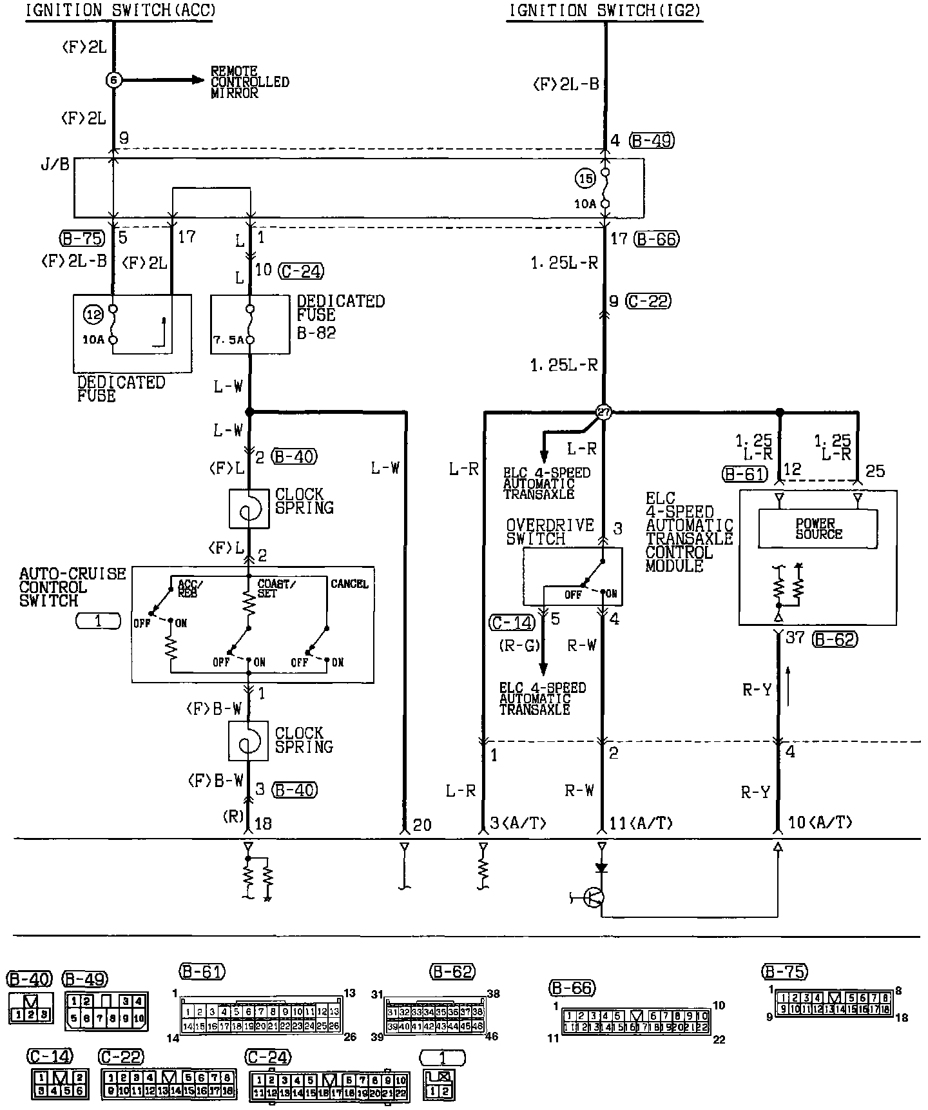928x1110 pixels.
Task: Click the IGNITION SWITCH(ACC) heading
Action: pos(121,10)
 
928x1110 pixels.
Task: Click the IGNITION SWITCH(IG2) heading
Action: pos(604,10)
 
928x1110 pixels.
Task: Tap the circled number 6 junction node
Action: pos(113,80)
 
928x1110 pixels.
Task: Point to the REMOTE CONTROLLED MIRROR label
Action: pos(250,82)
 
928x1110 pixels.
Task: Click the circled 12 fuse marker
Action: pos(94,315)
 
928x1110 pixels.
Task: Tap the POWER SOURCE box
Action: pos(818,529)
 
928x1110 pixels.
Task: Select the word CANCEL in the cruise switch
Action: pos(349,584)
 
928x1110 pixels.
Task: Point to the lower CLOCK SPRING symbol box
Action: pos(248,741)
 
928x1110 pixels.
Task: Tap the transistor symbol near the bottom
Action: pos(593,897)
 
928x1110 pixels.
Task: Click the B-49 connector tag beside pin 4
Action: pos(652,141)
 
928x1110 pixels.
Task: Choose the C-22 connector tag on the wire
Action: pos(649,301)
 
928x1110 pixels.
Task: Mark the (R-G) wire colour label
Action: pos(519,645)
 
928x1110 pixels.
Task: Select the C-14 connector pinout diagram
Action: pos(59,1083)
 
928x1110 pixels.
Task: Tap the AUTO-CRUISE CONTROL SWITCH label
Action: pos(72,587)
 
